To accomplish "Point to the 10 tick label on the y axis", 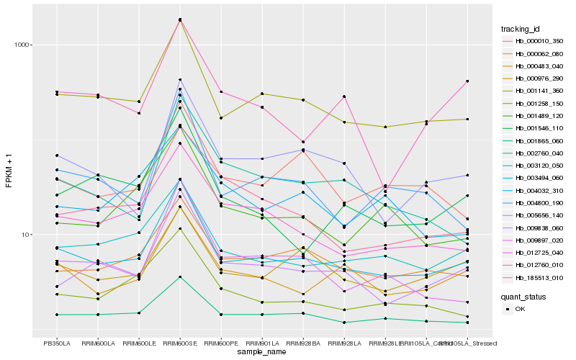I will coord(23,235).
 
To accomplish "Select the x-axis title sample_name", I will coord(262,352).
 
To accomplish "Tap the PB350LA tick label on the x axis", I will coord(57,343).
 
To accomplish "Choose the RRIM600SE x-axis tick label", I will coord(180,343).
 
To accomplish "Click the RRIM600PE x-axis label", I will coord(221,343).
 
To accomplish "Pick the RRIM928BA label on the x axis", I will coord(303,343).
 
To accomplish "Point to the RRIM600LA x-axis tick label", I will coord(98,343).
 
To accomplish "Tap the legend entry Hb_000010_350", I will coord(539,41).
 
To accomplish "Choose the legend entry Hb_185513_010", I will coord(539,276).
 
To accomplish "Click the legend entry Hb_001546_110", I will coord(539,127).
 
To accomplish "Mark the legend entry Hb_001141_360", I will coord(539,91).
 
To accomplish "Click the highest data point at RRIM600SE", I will coord(180,19).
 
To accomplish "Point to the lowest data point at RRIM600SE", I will coord(180,276).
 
